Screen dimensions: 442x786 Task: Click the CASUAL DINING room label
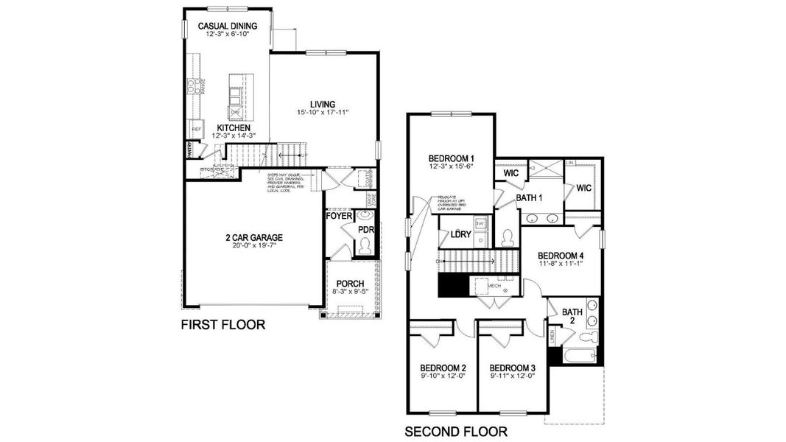coord(227,27)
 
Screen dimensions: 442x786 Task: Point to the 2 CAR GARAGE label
coord(253,237)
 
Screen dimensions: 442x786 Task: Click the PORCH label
coord(351,284)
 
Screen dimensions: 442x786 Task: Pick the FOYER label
coord(339,217)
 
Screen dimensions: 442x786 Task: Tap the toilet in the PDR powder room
coord(366,246)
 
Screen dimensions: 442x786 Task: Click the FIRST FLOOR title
coord(223,325)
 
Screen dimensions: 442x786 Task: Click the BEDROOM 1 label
coord(452,158)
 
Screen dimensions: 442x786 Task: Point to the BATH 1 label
coord(529,197)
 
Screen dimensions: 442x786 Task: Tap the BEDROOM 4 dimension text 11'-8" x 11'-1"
coord(560,264)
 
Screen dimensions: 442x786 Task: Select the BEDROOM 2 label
coord(443,368)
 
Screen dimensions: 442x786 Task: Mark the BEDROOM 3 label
coord(512,368)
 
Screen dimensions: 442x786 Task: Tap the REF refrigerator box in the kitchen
coord(197,129)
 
